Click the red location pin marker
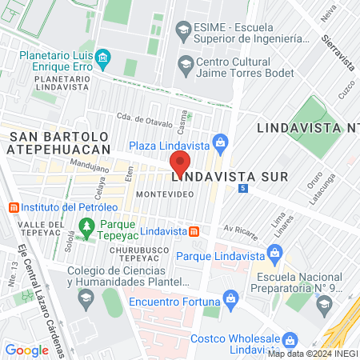click(x=180, y=163)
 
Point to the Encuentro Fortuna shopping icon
click(x=230, y=298)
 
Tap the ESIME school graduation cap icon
click(x=182, y=31)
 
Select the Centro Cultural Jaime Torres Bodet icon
click(x=185, y=63)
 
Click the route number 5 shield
click(x=242, y=188)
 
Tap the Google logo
click(x=26, y=350)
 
